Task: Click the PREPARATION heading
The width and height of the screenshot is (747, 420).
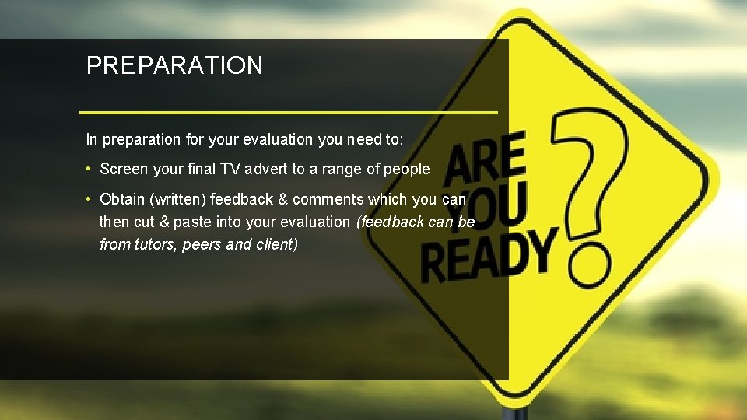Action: pyautogui.click(x=174, y=65)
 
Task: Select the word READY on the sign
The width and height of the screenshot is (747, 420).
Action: pyautogui.click(x=489, y=255)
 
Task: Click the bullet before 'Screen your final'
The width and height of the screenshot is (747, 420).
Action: pyautogui.click(x=90, y=169)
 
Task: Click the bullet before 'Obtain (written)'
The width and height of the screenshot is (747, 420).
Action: pyautogui.click(x=90, y=198)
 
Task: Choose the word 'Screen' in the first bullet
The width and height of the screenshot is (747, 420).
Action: pyautogui.click(x=124, y=169)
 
